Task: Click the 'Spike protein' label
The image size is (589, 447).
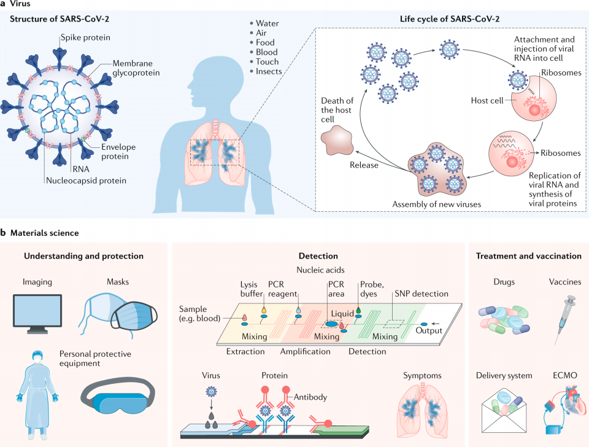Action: click(86, 37)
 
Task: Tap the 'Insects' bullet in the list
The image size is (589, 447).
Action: click(266, 71)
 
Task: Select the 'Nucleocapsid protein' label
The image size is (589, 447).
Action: click(87, 181)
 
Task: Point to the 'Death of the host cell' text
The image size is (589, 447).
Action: click(337, 110)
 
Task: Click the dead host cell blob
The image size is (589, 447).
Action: click(337, 140)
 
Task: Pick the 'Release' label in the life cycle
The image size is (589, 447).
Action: click(364, 165)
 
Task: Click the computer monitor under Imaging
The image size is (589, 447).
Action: click(37, 314)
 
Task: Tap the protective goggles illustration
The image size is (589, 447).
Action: click(118, 398)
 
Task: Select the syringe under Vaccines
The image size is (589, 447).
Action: click(564, 319)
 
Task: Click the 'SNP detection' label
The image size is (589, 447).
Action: click(422, 294)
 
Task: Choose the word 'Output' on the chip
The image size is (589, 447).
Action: click(429, 330)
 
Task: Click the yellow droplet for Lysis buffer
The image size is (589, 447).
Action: click(264, 310)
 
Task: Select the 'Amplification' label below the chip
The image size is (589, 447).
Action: click(306, 351)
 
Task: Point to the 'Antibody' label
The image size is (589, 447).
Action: click(310, 397)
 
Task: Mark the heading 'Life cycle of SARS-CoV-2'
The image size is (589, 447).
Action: click(450, 19)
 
